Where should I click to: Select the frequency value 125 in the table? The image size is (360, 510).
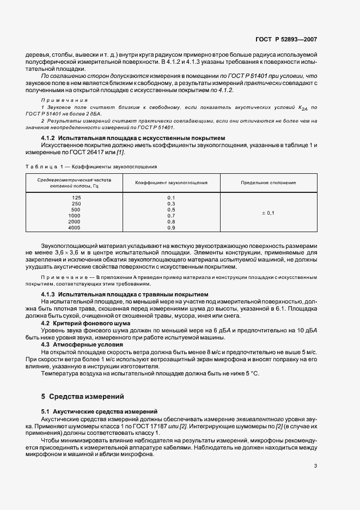(76, 197)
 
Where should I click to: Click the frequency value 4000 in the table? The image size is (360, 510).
(74, 227)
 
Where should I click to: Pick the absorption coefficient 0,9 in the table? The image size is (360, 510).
(170, 227)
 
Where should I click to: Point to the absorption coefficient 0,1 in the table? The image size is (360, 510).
(170, 197)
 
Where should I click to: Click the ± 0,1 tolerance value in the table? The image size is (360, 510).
(268, 212)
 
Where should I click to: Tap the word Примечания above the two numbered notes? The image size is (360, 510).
(60, 101)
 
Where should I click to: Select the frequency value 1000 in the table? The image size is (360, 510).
(75, 215)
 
